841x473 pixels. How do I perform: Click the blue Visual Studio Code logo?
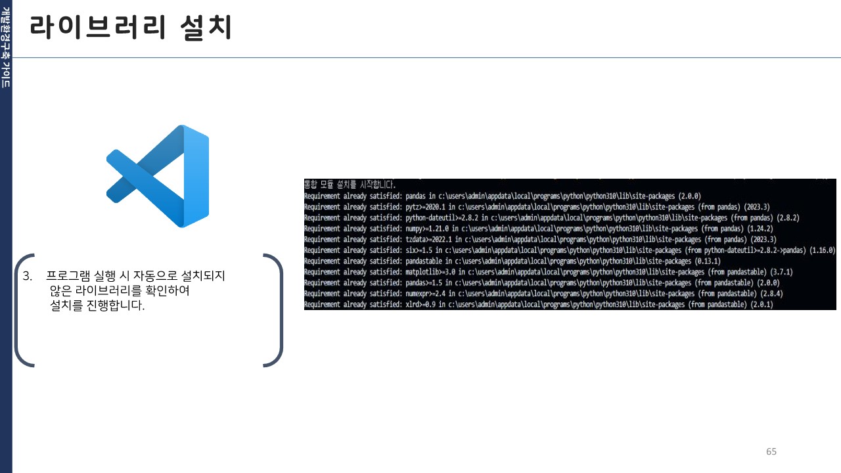pyautogui.click(x=158, y=176)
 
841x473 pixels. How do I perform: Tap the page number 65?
pyautogui.click(x=771, y=451)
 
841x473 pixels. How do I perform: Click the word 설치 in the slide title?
pyautogui.click(x=206, y=28)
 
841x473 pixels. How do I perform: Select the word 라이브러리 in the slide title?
pyautogui.click(x=98, y=28)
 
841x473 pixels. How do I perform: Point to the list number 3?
pyautogui.click(x=27, y=276)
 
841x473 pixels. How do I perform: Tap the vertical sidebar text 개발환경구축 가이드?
pyautogui.click(x=6, y=47)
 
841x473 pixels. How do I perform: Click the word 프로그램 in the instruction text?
pyautogui.click(x=68, y=276)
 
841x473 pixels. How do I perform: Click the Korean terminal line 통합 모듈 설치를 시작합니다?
pyautogui.click(x=350, y=185)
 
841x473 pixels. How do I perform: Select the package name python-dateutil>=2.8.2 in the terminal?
pyautogui.click(x=442, y=217)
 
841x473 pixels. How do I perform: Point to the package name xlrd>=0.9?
pyautogui.click(x=420, y=304)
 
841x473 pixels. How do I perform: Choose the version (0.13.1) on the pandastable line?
pyautogui.click(x=708, y=261)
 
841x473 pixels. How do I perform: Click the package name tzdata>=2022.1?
pyautogui.click(x=429, y=239)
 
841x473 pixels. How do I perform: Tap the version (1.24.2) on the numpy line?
pyautogui.click(x=760, y=228)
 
